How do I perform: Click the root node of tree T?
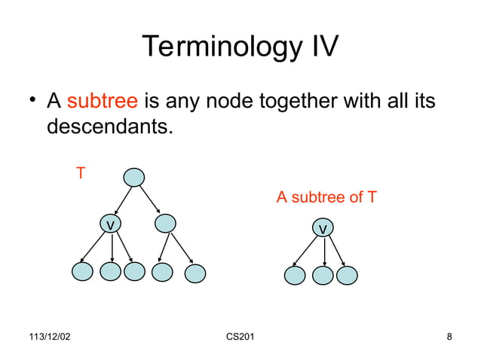point(133,177)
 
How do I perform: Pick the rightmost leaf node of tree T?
point(195,273)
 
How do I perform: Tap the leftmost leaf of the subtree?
point(295,276)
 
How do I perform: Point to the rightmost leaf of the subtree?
point(347,276)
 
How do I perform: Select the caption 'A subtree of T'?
point(326,198)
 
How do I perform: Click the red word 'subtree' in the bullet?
point(102,101)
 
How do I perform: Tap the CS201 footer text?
point(240,336)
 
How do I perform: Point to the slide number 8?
point(449,336)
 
